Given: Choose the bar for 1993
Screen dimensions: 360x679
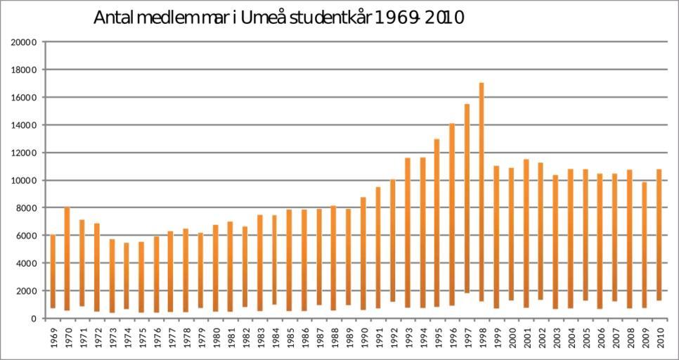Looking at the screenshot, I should click(x=408, y=233).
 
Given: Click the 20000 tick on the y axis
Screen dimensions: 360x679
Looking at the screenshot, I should click(x=24, y=42).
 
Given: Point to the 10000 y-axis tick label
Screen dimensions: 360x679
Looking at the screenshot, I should click(x=24, y=181).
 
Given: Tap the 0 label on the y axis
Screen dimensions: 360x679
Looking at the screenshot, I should click(x=33, y=319).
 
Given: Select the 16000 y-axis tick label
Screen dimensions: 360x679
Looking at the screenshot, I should click(x=24, y=98).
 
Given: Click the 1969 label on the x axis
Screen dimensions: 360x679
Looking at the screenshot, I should click(x=53, y=337).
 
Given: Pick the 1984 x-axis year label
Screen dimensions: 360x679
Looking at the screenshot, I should click(x=275, y=337).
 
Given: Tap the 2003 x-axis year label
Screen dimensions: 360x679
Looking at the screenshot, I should click(x=556, y=337).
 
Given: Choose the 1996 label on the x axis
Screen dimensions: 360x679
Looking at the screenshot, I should click(x=453, y=337).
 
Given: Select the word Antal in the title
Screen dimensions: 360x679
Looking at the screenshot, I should click(x=112, y=18).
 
